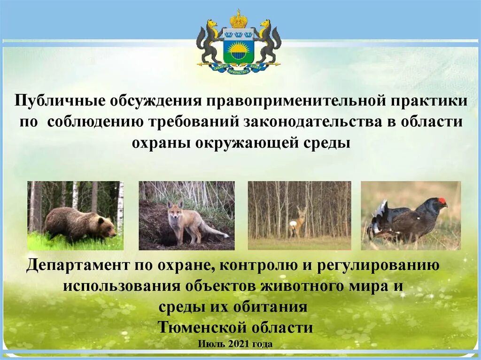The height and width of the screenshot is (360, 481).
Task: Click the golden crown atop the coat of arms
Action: (x=239, y=19)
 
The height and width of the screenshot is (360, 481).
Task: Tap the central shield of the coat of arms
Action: (x=239, y=48)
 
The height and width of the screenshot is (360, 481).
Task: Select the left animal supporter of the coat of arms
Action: (x=209, y=42)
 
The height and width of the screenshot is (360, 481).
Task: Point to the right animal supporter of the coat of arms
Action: (x=268, y=42)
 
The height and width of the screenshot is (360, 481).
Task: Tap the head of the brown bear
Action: (x=108, y=229)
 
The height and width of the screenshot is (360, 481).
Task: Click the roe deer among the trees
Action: (x=298, y=222)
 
